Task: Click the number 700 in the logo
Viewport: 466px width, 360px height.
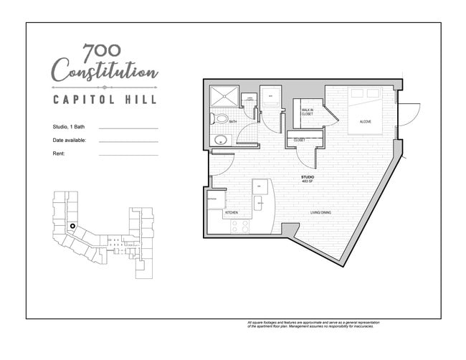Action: point(102,52)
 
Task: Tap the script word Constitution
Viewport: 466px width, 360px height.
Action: point(105,72)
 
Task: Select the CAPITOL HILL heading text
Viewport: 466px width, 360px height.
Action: point(105,99)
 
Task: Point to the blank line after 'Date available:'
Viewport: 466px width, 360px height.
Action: point(128,141)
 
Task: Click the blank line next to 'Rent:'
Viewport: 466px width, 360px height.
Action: point(128,154)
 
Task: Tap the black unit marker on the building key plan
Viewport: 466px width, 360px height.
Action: point(72,227)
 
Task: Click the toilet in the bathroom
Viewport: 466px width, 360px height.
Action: point(221,118)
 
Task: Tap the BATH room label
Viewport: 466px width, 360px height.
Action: point(233,122)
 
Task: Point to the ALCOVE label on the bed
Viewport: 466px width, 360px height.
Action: point(365,122)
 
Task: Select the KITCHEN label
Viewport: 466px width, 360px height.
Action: point(232,213)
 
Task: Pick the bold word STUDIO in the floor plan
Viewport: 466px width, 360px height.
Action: point(307,176)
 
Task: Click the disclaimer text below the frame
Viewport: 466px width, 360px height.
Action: point(310,325)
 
